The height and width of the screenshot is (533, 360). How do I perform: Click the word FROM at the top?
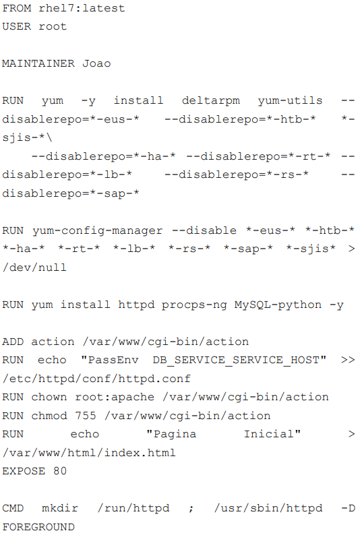(16, 8)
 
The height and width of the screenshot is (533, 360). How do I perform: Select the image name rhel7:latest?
(82, 8)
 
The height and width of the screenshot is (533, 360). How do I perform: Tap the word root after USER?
(53, 26)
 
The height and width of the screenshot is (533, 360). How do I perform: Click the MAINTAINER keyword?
(38, 63)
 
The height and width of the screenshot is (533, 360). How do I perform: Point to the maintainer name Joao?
(96, 63)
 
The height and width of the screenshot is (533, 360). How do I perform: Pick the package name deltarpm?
(211, 101)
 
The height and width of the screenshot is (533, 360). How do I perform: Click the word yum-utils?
(290, 100)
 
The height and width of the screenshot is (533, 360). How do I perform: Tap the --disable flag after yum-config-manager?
(204, 230)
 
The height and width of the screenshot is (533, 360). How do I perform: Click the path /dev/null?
(34, 268)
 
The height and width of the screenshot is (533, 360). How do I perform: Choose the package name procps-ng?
(194, 305)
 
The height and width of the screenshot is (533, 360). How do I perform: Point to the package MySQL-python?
(278, 305)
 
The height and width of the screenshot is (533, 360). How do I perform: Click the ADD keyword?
(13, 342)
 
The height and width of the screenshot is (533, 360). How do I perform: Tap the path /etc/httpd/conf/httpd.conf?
(96, 379)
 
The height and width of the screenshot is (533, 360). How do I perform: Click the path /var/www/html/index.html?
(89, 453)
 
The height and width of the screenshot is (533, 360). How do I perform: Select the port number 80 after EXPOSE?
(60, 471)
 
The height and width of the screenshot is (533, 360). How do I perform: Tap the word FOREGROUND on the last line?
(38, 527)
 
